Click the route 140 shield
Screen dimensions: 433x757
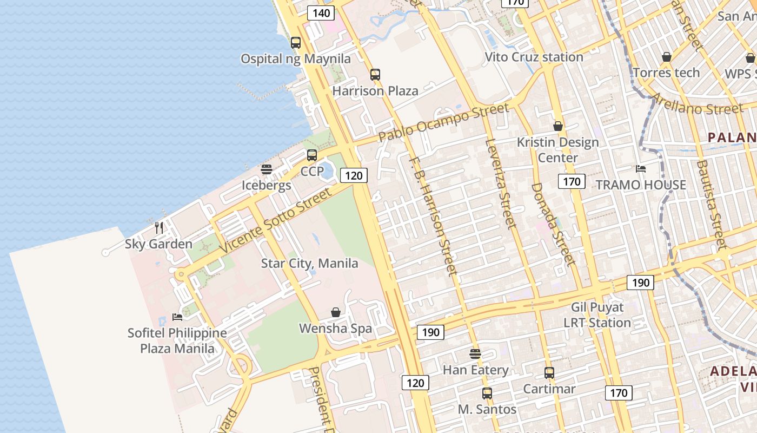pyautogui.click(x=321, y=13)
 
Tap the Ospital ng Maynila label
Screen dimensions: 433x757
pyautogui.click(x=295, y=59)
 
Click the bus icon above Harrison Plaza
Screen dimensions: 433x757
pyautogui.click(x=375, y=75)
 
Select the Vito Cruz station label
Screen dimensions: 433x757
pyautogui.click(x=534, y=57)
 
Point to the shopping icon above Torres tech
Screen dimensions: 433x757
pyautogui.click(x=667, y=57)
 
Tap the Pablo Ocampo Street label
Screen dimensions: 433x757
pyautogui.click(x=443, y=122)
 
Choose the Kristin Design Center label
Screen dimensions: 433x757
pyautogui.click(x=558, y=150)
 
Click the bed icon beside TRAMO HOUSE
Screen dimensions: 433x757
pyautogui.click(x=641, y=169)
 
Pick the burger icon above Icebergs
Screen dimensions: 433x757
pyautogui.click(x=266, y=169)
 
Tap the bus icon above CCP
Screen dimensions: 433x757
pyautogui.click(x=312, y=155)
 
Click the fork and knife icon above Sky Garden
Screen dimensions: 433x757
pyautogui.click(x=159, y=228)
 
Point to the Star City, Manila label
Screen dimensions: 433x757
pyautogui.click(x=309, y=264)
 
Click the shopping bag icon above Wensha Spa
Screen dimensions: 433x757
pyautogui.click(x=336, y=312)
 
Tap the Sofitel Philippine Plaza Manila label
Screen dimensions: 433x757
pyautogui.click(x=177, y=340)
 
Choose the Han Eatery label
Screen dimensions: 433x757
pyautogui.click(x=475, y=370)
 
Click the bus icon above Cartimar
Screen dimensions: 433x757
pyautogui.click(x=549, y=373)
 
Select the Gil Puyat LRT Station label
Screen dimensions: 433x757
pyautogui.click(x=597, y=315)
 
